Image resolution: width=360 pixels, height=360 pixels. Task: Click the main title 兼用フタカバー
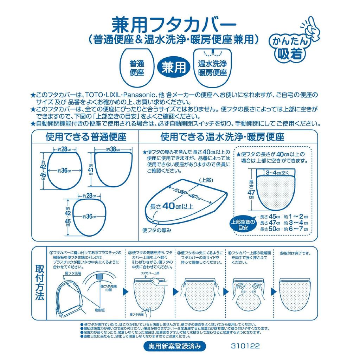click(174, 25)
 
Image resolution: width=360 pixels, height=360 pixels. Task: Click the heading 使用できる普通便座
click(86, 137)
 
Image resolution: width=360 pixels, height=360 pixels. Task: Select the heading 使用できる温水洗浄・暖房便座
click(222, 137)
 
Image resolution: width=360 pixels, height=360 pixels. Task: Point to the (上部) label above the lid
click(205, 180)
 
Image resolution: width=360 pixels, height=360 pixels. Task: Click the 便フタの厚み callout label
click(157, 231)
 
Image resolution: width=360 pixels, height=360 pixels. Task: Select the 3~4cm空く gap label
click(277, 172)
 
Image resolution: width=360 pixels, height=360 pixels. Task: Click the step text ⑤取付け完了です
click(295, 253)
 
